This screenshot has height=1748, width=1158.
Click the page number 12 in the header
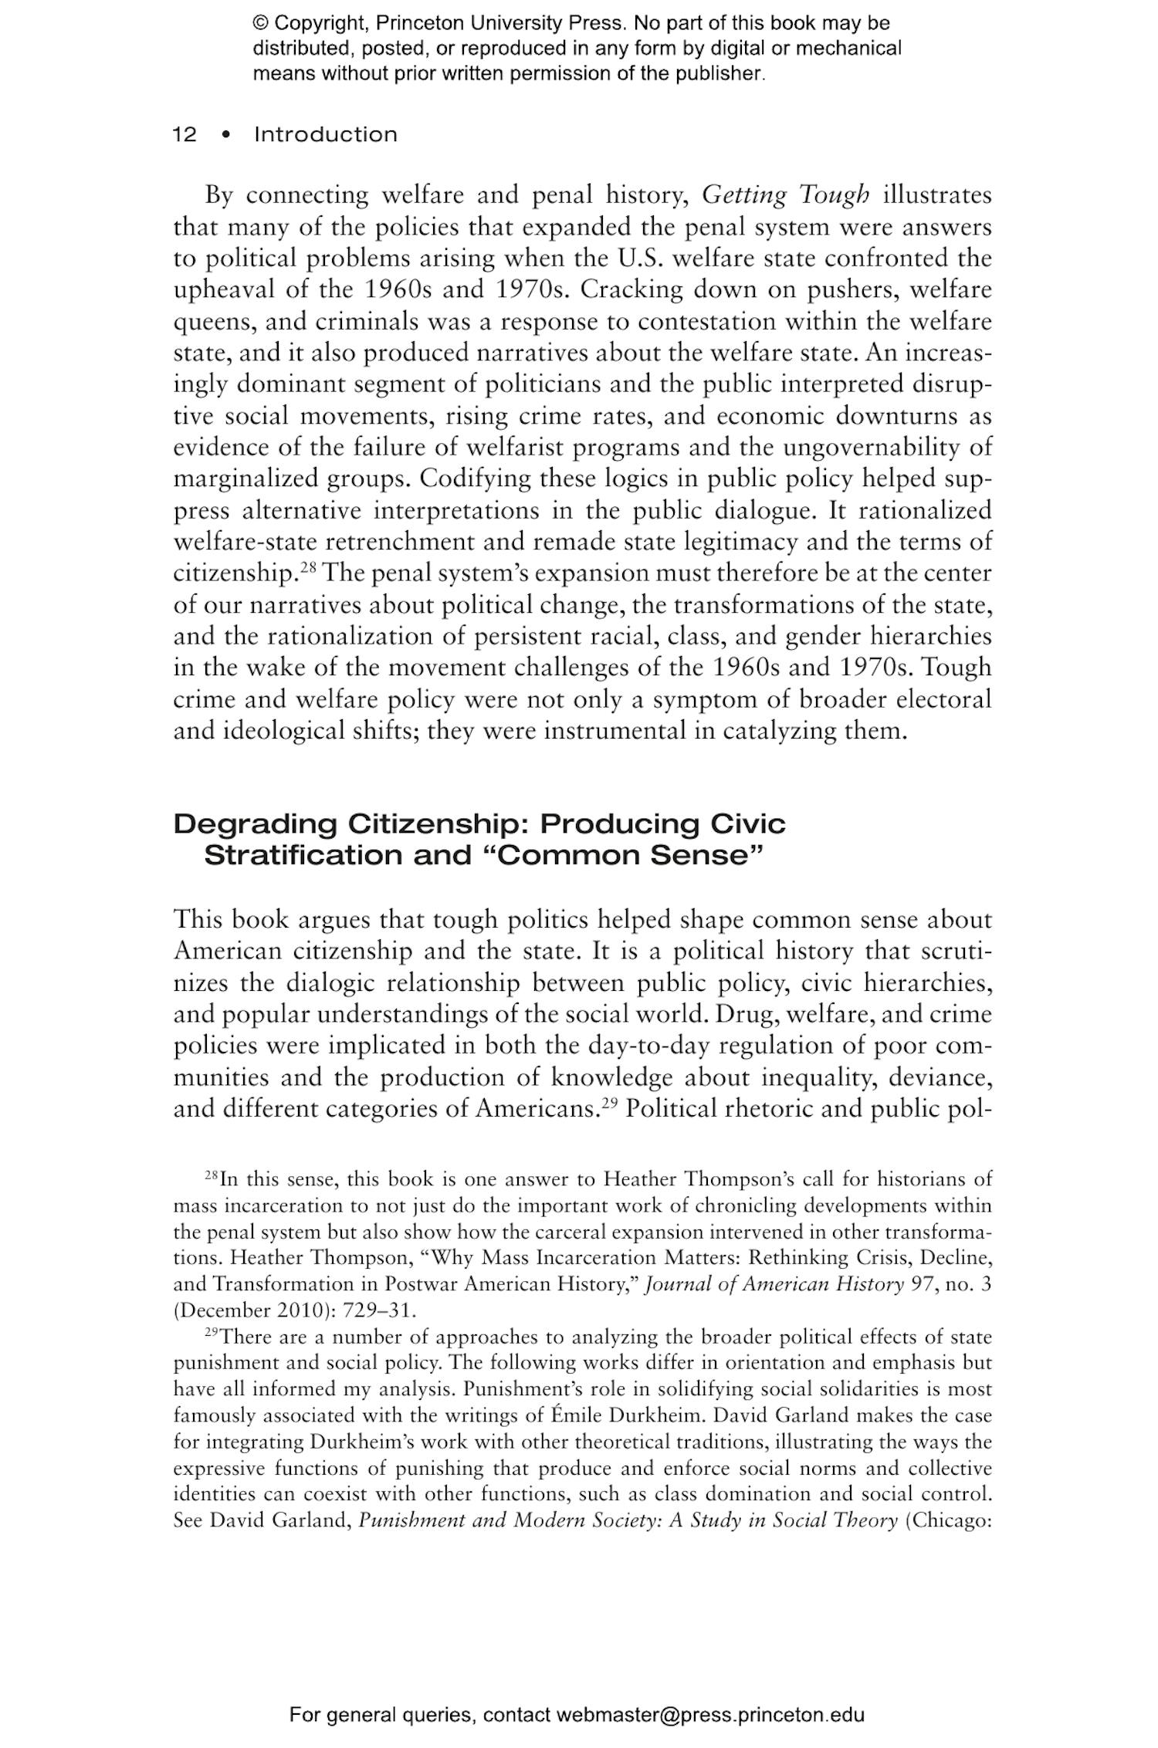point(185,134)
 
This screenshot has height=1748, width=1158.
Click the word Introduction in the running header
point(325,134)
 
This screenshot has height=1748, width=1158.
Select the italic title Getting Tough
point(785,195)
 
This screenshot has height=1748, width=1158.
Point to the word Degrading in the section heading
point(255,824)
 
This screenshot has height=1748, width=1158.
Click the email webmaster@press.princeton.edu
point(709,1715)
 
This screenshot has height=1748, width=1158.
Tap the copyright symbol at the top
point(260,23)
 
